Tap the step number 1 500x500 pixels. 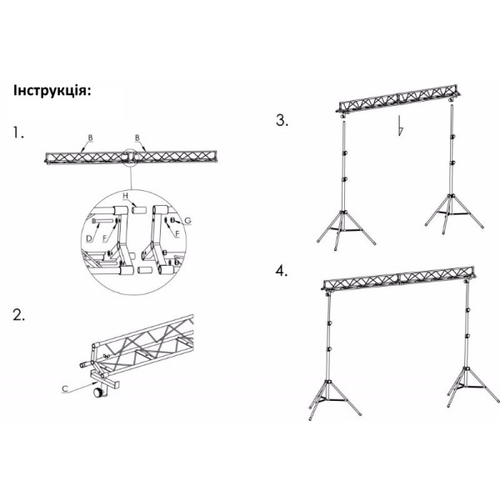pos(18,132)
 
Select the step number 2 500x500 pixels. pos(19,315)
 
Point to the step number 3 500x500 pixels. pos(282,121)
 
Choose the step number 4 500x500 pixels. pos(282,271)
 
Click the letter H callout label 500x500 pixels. pos(125,195)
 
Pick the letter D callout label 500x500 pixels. pos(89,238)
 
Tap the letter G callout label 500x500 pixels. pos(187,220)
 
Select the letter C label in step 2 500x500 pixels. pos(65,388)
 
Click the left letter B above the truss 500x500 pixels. pos(91,137)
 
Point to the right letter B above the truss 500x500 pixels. pos(137,137)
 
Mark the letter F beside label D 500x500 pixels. pos(105,238)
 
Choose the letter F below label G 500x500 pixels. pos(177,234)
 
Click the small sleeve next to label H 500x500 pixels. pos(139,210)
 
